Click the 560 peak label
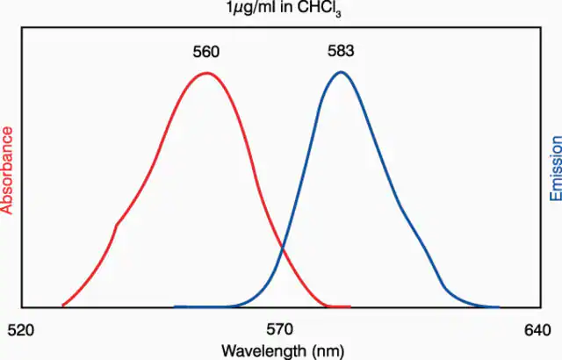click(205, 52)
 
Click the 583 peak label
click(341, 51)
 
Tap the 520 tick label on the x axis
click(21, 330)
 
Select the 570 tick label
click(279, 329)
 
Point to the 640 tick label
click(537, 330)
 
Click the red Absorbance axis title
click(7, 170)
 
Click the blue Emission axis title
click(556, 169)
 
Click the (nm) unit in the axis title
click(328, 351)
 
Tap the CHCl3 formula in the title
click(320, 9)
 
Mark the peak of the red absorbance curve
click(207, 73)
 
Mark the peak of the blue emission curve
click(341, 72)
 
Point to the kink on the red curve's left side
click(117, 225)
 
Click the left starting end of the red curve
click(63, 306)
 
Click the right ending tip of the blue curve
click(499, 307)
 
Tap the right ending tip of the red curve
click(349, 306)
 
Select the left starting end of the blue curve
click(175, 307)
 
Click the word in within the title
click(287, 7)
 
